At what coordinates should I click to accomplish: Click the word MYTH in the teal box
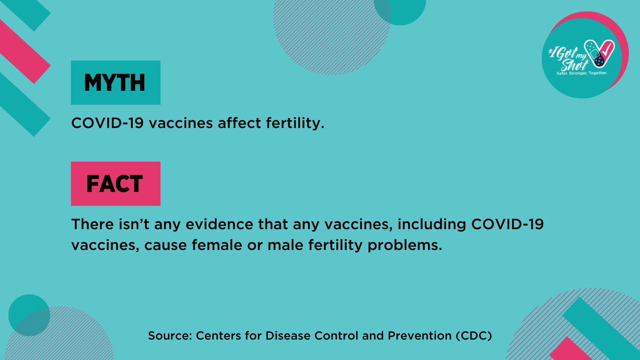[x=114, y=83]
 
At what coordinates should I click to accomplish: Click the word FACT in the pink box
[x=114, y=184]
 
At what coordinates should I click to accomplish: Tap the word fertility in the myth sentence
[x=295, y=124]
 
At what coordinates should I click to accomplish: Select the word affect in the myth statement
[x=240, y=123]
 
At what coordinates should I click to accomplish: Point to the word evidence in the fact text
[x=220, y=224]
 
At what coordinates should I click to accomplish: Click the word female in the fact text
[x=217, y=245]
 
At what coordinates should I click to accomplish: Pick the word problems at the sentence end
[x=405, y=246]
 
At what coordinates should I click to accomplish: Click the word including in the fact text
[x=432, y=224]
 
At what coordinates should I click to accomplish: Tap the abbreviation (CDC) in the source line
[x=474, y=336]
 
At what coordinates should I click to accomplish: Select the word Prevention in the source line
[x=420, y=336]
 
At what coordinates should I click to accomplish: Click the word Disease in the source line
[x=288, y=336]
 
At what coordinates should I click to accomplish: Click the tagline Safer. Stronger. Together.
[x=582, y=73]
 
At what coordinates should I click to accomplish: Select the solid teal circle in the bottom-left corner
[x=29, y=315]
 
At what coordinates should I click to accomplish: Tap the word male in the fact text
[x=285, y=245]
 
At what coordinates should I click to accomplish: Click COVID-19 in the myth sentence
[x=107, y=123]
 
